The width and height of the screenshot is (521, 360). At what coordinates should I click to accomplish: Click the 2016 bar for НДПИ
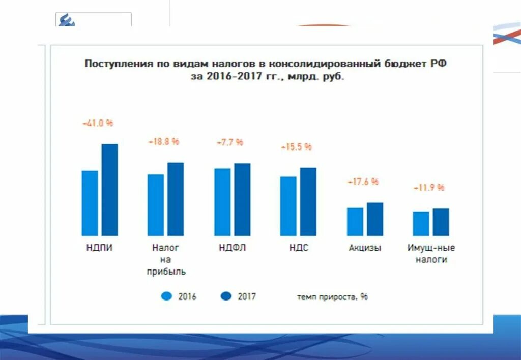click(x=90, y=203)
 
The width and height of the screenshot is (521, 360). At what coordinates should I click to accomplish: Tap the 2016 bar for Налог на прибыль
click(x=156, y=205)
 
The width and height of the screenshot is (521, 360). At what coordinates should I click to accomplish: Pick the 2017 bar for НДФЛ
click(x=242, y=199)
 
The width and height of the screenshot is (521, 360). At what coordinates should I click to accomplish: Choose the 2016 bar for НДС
click(x=288, y=206)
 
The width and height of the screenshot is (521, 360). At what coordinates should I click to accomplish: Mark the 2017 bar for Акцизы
click(x=375, y=219)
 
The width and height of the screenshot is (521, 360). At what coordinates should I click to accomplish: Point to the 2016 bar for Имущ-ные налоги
click(x=421, y=223)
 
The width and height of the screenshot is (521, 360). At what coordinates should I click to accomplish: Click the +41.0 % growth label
click(x=98, y=123)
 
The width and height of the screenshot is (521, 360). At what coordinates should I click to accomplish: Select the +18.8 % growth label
click(x=164, y=142)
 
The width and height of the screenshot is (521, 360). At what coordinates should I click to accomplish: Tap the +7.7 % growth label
click(x=230, y=142)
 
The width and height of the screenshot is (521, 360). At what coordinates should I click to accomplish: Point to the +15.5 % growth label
click(x=296, y=147)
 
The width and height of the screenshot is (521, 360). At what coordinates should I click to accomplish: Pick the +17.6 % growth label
click(x=363, y=182)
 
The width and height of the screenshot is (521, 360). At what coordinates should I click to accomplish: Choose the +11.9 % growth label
click(x=428, y=188)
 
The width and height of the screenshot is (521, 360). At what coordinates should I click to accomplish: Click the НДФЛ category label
click(x=233, y=248)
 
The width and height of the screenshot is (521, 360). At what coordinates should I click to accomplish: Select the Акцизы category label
click(x=365, y=248)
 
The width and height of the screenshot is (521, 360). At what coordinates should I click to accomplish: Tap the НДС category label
click(x=299, y=248)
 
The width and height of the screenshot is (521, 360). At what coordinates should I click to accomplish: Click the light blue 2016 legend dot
click(x=166, y=296)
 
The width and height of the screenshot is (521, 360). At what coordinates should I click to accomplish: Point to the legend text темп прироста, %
click(x=332, y=296)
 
